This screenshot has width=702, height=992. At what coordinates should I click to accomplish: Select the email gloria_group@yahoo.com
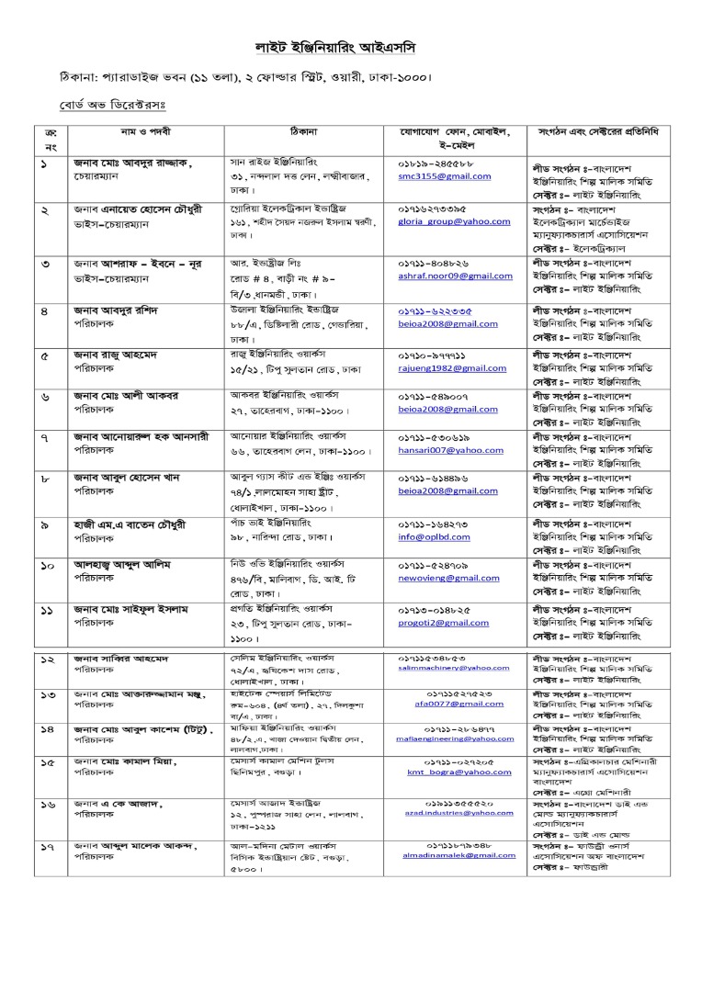(441, 221)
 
